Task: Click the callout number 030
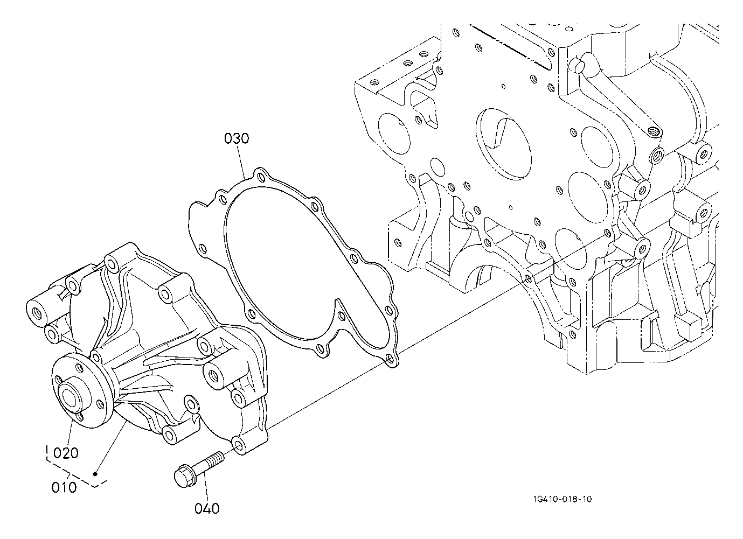237,139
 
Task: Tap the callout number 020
66,453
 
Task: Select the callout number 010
64,487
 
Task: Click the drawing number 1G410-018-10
560,500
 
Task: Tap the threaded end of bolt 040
216,458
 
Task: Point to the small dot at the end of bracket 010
95,474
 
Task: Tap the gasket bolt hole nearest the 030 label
261,176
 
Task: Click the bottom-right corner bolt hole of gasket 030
390,357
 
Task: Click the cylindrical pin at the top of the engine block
579,65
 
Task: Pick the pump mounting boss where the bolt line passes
238,444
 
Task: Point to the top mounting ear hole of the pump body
112,263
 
